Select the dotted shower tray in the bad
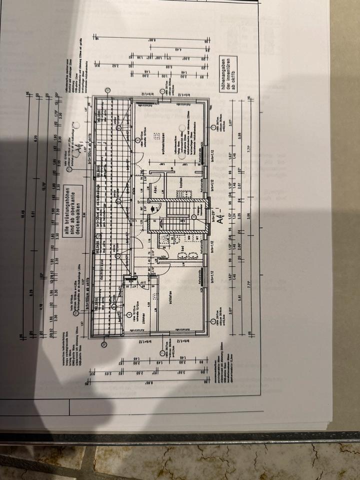tap(165, 239)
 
